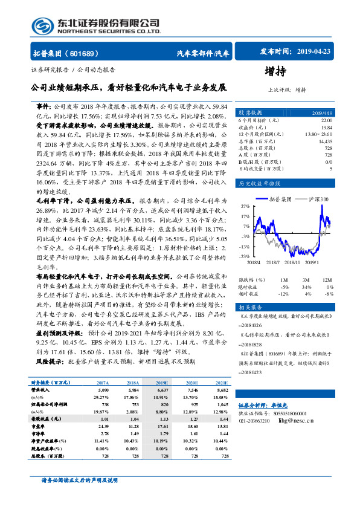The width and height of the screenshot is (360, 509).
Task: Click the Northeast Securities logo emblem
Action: point(43,25)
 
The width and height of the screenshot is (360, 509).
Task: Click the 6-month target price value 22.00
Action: point(326,121)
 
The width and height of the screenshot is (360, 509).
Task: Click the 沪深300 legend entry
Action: point(317,181)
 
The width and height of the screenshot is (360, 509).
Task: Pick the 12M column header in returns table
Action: point(327,280)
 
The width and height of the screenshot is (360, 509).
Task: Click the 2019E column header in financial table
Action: point(162,383)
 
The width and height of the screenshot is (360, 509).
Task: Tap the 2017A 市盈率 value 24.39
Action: point(102,426)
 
